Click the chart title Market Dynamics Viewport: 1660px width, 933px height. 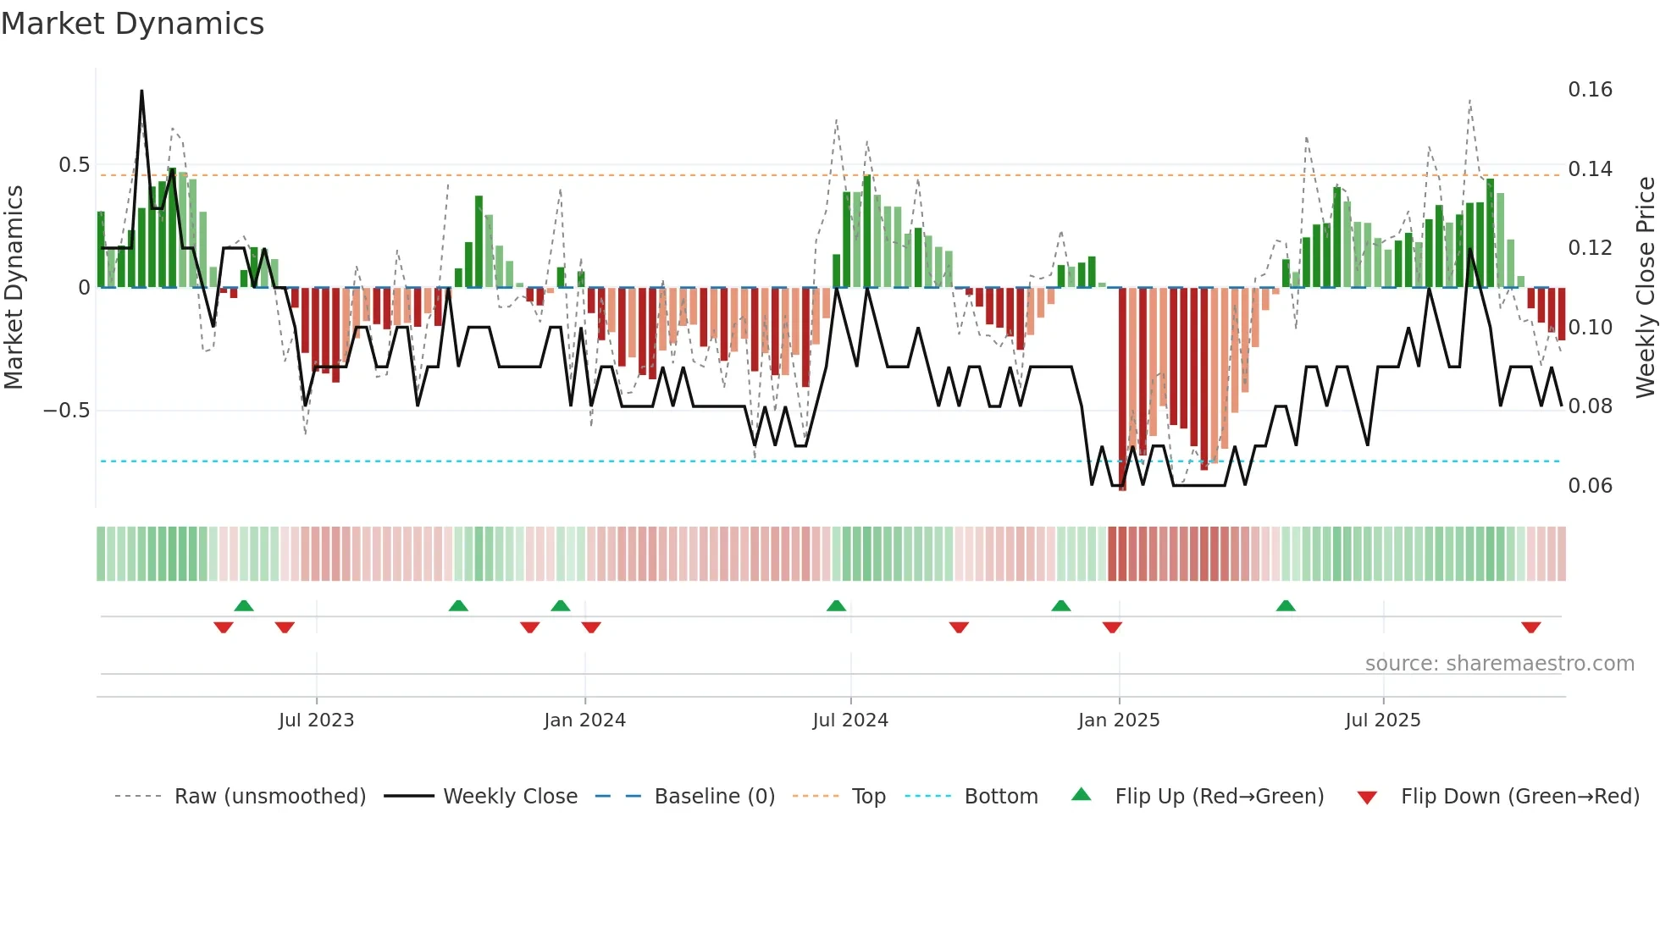point(133,24)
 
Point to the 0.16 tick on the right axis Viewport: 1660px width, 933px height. point(1590,90)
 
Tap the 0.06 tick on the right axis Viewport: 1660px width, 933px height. point(1590,486)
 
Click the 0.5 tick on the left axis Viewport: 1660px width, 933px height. point(74,165)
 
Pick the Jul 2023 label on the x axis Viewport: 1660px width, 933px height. point(316,720)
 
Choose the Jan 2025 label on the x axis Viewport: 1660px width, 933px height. point(1118,720)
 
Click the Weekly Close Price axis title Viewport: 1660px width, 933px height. point(1644,287)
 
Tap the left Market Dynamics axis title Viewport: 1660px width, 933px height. point(14,287)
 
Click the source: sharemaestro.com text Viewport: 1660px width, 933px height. point(1499,664)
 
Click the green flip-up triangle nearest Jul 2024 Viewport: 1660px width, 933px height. point(836,606)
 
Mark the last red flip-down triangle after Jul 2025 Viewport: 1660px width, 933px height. point(1530,627)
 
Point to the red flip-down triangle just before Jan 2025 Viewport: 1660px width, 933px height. point(1112,627)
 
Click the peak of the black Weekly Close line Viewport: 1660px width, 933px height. point(141,91)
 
